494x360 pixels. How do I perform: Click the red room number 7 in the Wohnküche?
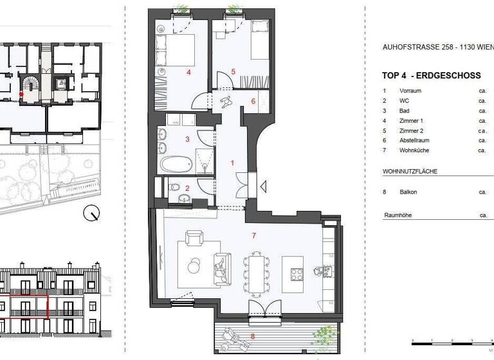(x=254, y=236)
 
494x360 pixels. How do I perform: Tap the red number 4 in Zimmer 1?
(x=188, y=73)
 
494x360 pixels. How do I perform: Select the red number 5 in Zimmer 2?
(x=233, y=71)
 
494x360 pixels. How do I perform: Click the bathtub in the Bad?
(x=176, y=164)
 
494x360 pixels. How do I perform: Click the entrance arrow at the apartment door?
(x=263, y=187)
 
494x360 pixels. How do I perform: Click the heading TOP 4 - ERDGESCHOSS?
(x=432, y=76)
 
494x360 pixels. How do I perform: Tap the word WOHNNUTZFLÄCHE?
(x=410, y=172)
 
